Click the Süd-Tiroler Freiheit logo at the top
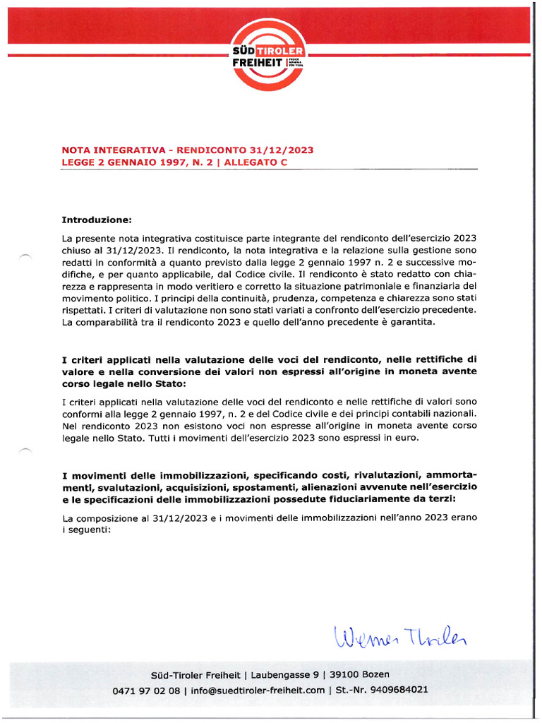click(x=270, y=54)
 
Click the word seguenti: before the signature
click(x=88, y=530)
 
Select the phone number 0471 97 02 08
click(x=146, y=690)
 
